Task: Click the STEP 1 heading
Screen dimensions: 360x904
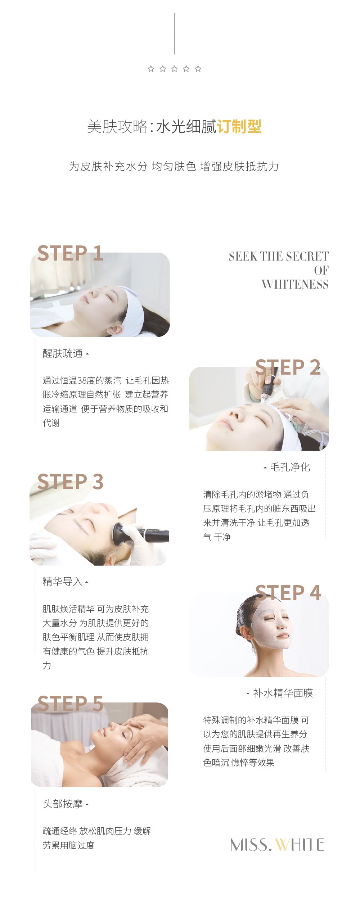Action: [x=70, y=253]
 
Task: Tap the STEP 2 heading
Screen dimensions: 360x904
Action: [x=288, y=367]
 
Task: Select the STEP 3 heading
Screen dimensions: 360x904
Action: [x=70, y=482]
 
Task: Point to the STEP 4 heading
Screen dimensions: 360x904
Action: [x=288, y=593]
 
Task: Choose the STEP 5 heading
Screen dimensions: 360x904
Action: [x=70, y=704]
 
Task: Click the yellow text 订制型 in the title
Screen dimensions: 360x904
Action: [x=239, y=126]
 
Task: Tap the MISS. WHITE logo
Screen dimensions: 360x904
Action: [x=277, y=845]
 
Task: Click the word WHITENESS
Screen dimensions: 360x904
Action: [x=295, y=284]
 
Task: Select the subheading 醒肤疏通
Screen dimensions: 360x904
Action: [x=63, y=353]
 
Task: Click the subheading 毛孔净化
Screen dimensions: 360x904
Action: [x=290, y=467]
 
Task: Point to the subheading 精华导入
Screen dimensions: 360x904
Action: [x=63, y=581]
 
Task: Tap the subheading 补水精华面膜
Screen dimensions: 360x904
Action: [x=283, y=693]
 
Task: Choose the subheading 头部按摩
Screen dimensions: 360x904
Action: [x=63, y=804]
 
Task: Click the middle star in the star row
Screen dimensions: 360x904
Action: [x=174, y=69]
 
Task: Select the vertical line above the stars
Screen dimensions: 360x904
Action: [x=175, y=33]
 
